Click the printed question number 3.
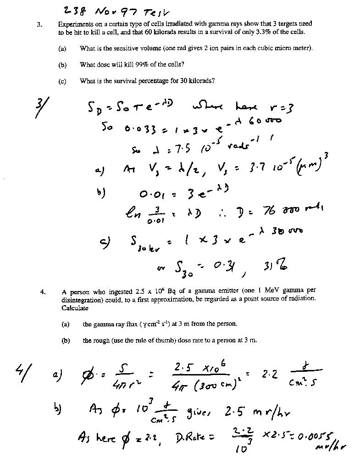(40, 23)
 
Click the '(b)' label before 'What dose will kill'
(62, 65)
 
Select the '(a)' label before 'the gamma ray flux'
(65, 324)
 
